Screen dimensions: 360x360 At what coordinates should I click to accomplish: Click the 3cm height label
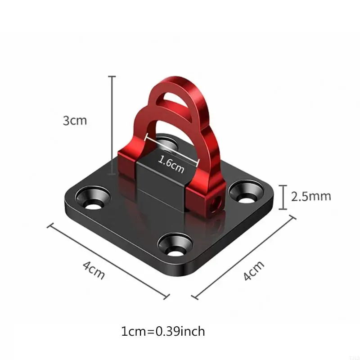coord(75,121)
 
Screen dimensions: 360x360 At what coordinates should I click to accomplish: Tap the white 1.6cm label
coord(171,164)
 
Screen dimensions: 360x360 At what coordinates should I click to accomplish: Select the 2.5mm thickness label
coord(311,196)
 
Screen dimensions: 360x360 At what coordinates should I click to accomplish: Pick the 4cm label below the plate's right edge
coord(253,270)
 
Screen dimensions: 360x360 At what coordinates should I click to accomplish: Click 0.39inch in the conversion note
coord(180,331)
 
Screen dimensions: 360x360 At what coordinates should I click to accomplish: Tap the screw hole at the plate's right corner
coord(247,192)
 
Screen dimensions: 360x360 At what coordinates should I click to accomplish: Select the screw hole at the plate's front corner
coord(175,245)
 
